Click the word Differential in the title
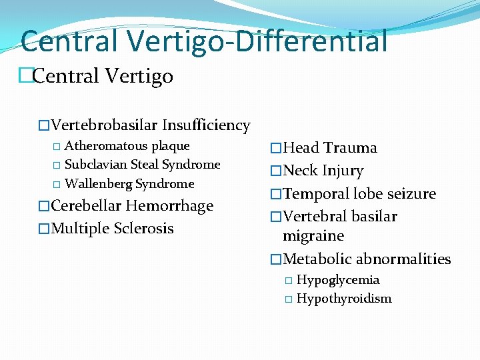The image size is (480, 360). point(318,41)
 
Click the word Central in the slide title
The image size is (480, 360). point(70,41)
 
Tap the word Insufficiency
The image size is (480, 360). point(206,125)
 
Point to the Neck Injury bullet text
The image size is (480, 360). point(323,171)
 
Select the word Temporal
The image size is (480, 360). point(316,194)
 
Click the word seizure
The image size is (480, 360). point(410,194)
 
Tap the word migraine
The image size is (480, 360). point(313,236)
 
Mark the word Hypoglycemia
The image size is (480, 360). point(338,280)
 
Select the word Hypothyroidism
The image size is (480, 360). point(344,299)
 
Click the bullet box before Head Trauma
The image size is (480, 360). point(276,149)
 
